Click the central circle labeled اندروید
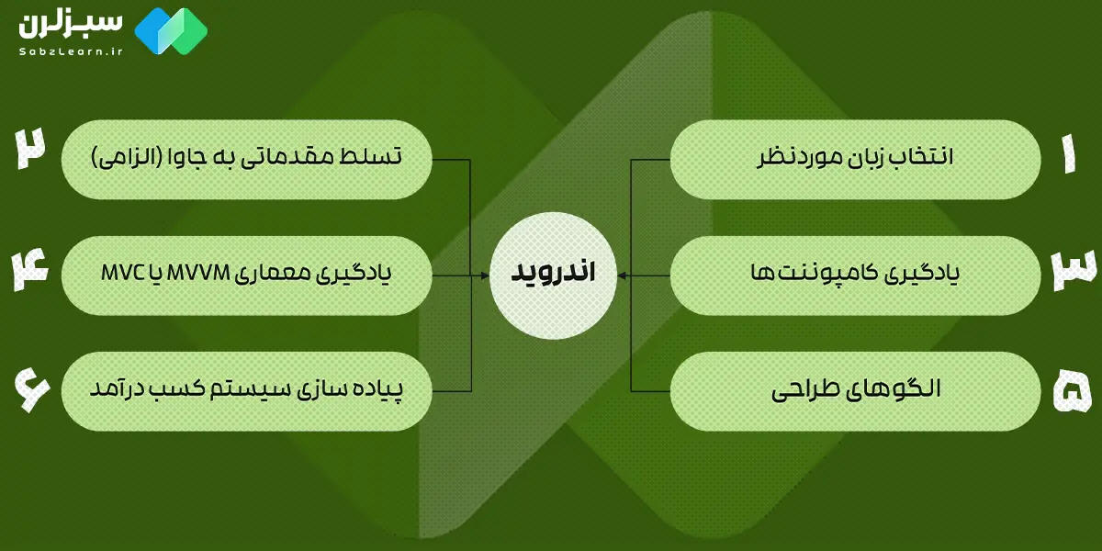coord(553,275)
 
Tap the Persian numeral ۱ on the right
coord(1069,157)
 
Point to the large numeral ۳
coord(1072,273)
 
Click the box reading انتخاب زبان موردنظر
coord(855,158)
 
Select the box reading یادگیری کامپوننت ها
coord(855,274)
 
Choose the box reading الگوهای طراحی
coord(855,390)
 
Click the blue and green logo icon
coord(171,31)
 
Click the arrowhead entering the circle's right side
coord(622,275)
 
